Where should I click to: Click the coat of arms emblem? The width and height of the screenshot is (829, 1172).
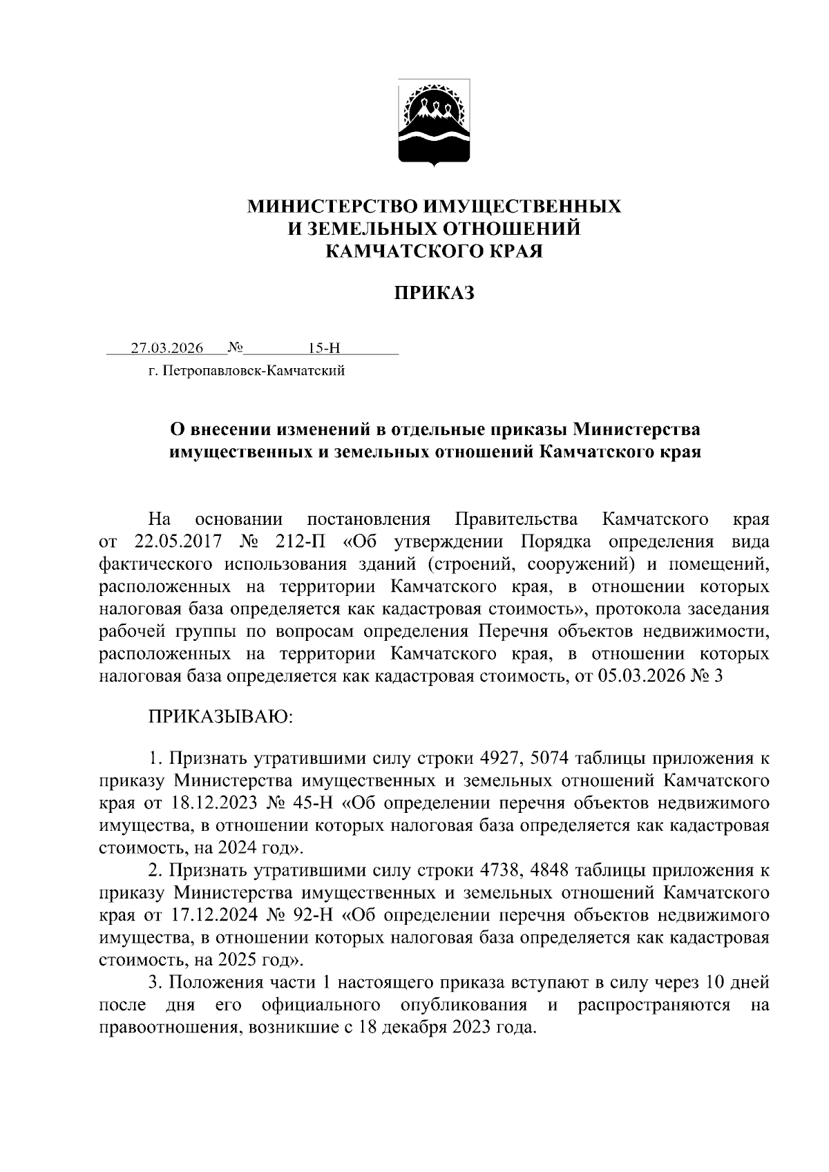435,123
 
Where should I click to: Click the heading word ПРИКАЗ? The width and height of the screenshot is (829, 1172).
435,294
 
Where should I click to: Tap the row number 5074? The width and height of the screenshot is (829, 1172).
551,759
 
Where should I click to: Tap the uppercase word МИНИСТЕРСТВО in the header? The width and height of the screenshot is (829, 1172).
332,206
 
